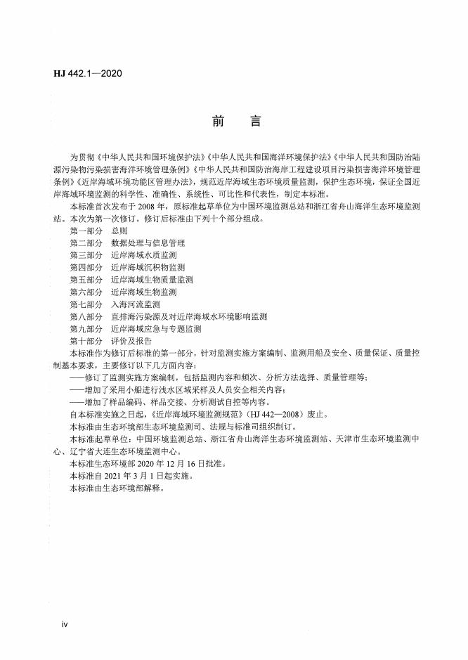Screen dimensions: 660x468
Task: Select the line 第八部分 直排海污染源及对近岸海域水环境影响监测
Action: pyautogui.click(x=168, y=316)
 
